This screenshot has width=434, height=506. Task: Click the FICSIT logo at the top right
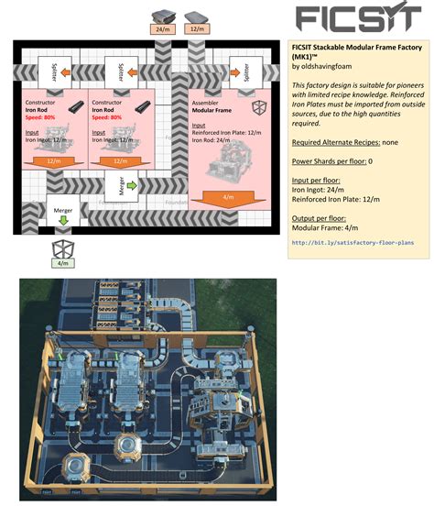click(359, 18)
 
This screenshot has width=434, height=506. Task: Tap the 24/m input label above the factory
click(162, 30)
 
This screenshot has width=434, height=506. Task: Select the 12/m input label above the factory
click(196, 30)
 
